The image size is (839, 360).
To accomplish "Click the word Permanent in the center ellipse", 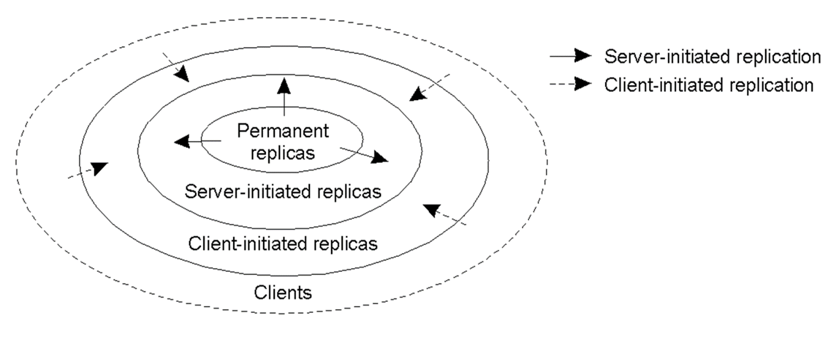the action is (283, 131).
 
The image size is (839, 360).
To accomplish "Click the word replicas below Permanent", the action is (282, 153).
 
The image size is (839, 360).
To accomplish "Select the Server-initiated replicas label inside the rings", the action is (282, 191).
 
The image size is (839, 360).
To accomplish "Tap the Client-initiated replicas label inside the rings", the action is (282, 243).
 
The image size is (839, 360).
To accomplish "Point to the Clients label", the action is (282, 293).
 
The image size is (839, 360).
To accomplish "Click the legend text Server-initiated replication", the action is (713, 57).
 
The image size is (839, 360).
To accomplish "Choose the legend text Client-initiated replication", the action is (709, 84).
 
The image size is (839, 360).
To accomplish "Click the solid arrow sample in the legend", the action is (570, 55).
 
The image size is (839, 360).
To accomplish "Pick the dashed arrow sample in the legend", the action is (570, 84).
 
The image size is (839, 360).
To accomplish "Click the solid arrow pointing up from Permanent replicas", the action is (284, 97).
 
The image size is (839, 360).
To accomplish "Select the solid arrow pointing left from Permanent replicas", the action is (198, 141).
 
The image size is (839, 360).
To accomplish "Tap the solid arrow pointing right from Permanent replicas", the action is (364, 155).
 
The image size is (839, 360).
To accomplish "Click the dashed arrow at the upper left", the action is (176, 67).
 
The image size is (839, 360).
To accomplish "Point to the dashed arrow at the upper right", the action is (430, 87).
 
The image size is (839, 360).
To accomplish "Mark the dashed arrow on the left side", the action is (87, 170).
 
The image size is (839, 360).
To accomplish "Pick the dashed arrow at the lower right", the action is (445, 214).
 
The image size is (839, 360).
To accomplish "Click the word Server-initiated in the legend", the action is (663, 57).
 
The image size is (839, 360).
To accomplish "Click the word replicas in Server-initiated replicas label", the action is (349, 191).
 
